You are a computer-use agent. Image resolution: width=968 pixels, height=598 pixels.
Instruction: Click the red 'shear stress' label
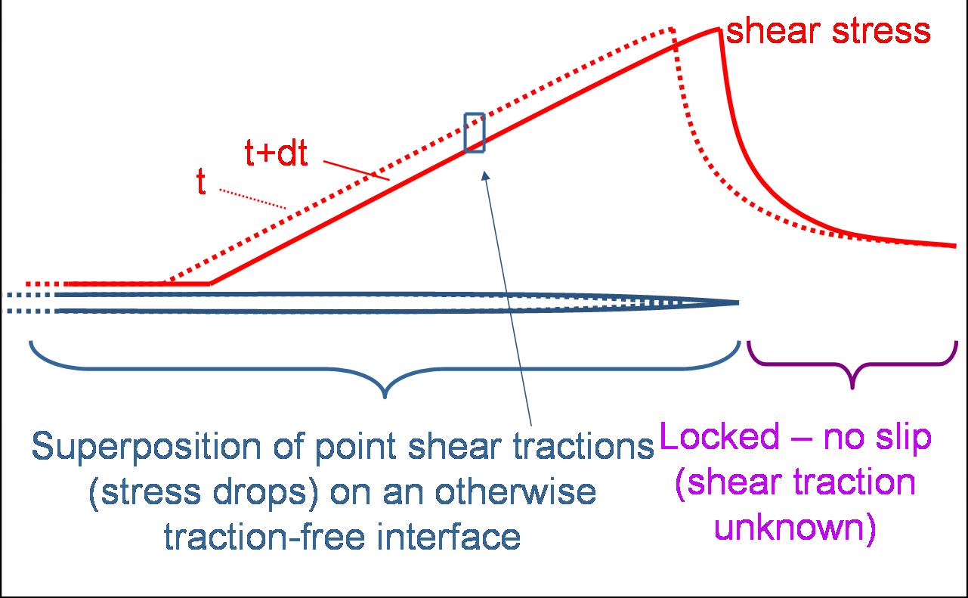[827, 31]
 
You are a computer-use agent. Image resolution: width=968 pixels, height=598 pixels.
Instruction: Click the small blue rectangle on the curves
[475, 132]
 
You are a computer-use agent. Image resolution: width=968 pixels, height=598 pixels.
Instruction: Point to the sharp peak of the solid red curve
[718, 29]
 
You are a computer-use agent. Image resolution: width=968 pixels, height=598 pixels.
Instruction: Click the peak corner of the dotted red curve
[672, 30]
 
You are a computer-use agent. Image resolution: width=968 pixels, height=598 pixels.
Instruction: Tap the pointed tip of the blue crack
[738, 303]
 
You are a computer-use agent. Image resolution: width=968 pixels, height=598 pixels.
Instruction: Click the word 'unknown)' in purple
[795, 528]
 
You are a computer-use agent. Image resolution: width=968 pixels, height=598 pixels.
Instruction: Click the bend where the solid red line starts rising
[210, 284]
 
